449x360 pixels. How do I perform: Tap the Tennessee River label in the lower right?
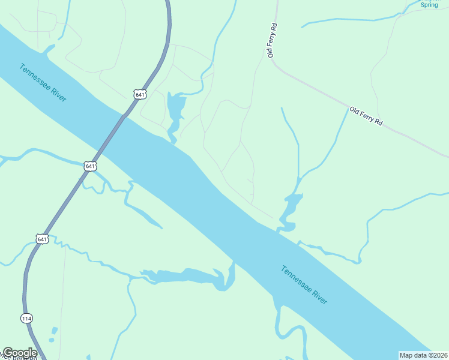click(x=304, y=284)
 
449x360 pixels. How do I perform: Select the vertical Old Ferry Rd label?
click(x=273, y=40)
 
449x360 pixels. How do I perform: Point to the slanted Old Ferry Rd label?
click(x=366, y=115)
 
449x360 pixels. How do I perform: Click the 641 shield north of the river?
click(x=139, y=95)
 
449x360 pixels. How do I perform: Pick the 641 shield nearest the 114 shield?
click(x=41, y=239)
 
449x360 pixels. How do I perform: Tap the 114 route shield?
click(x=26, y=317)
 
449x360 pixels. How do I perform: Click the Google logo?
click(x=20, y=353)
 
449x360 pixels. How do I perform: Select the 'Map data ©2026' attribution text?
click(x=424, y=355)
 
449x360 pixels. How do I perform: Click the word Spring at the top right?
click(x=429, y=5)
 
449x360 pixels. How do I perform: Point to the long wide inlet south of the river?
click(x=186, y=276)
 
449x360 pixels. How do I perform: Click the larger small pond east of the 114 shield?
click(x=55, y=331)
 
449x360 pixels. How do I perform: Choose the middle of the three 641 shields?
click(x=90, y=166)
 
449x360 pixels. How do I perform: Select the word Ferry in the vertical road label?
click(x=273, y=41)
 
